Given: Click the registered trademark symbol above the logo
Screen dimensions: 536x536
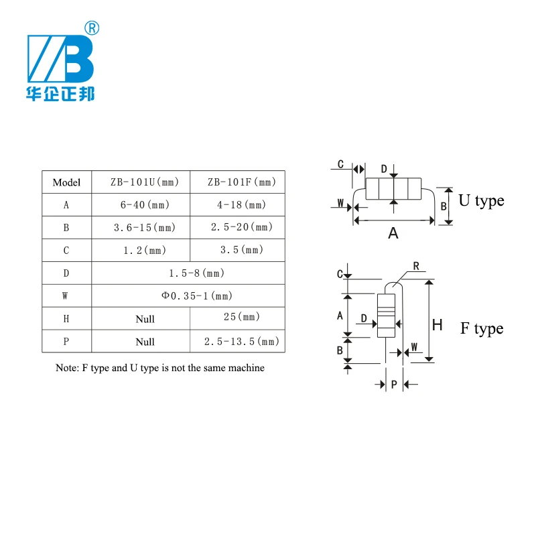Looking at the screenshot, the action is (92, 28).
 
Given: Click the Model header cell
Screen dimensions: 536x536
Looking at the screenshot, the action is (66, 182).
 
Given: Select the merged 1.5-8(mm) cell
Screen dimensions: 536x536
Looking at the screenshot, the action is (188, 273).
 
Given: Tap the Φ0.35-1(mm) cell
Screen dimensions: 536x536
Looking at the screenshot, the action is (188, 295).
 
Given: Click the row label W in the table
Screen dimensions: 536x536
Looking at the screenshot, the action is (65, 295).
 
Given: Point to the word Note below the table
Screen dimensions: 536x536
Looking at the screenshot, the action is (66, 368).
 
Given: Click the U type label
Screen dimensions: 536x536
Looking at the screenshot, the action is (481, 200).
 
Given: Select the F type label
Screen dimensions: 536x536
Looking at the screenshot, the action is (482, 328).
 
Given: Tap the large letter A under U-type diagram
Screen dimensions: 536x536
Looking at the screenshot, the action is (393, 233).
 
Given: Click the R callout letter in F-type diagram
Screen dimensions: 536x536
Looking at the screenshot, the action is (416, 266).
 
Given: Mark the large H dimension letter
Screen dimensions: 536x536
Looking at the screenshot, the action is (438, 325).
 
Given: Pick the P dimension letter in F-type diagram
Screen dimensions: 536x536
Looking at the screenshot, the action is (394, 385).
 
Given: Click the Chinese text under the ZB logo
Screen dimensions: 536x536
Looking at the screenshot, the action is (60, 94).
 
